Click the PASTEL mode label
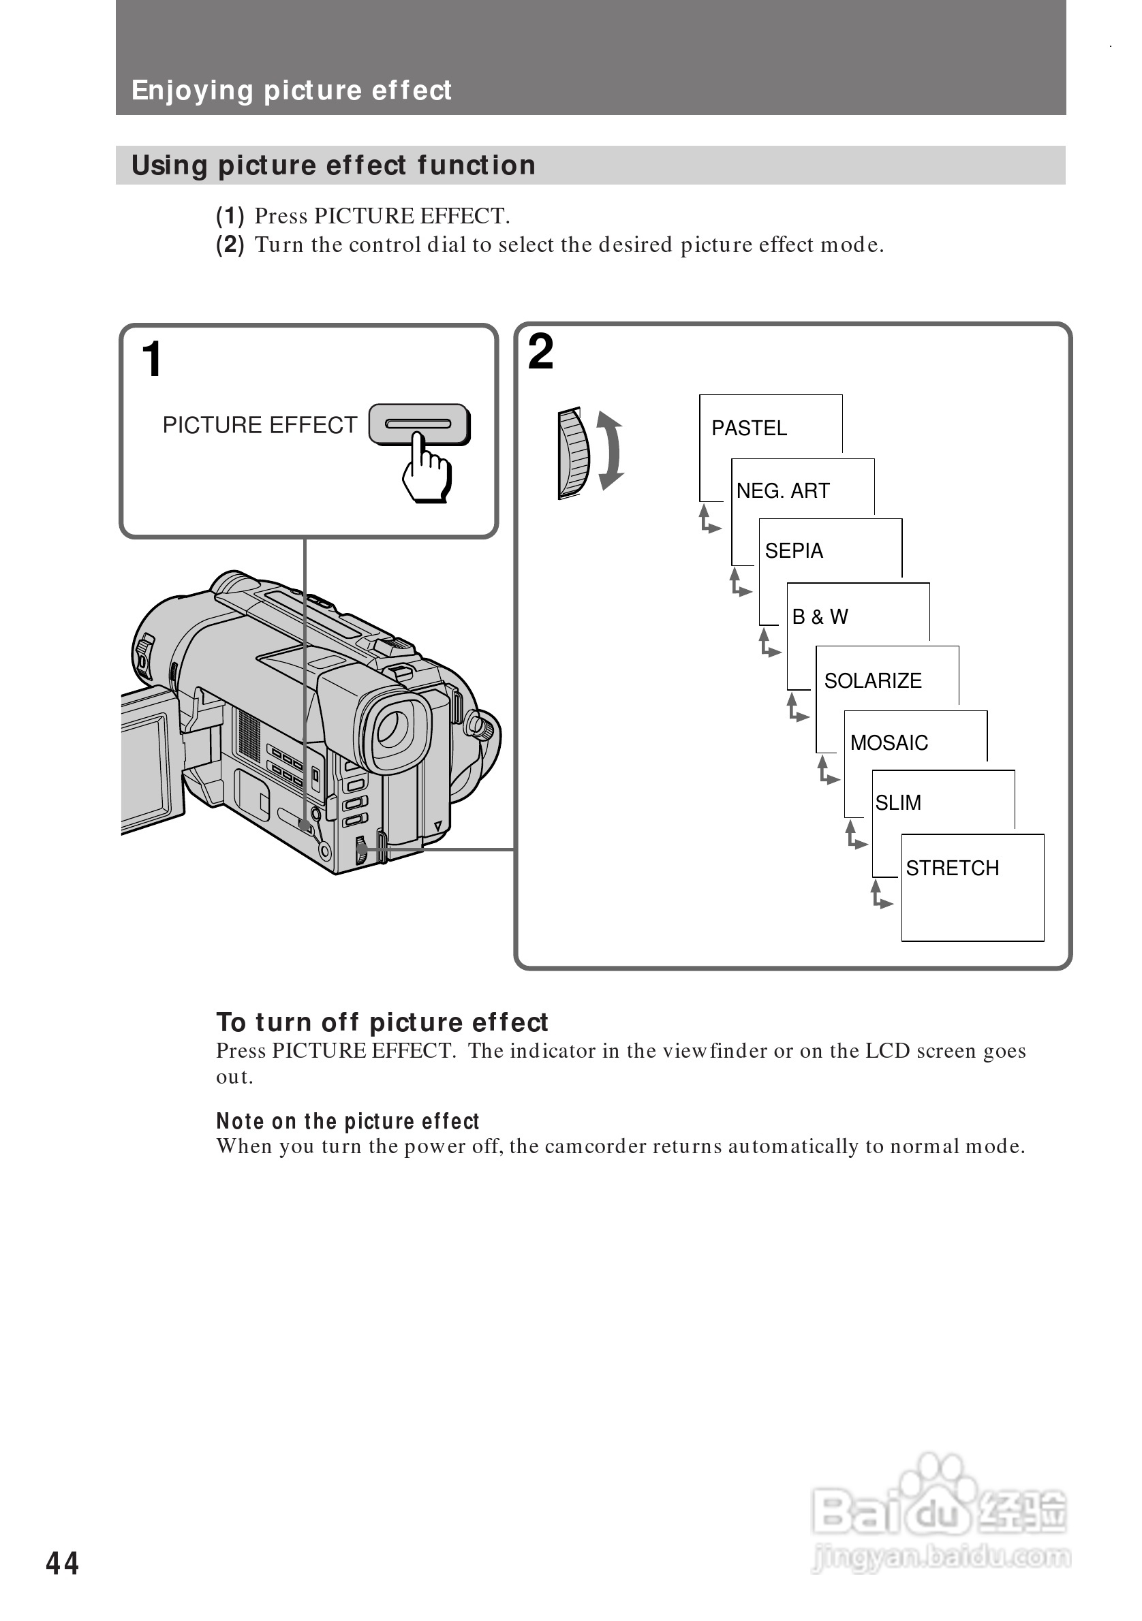coord(749,428)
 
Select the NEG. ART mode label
coord(782,490)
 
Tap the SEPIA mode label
coord(794,551)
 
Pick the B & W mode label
coord(820,617)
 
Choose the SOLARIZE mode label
coord(873,680)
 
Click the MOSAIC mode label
coord(889,742)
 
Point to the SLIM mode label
coord(898,803)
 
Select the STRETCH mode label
coord(952,868)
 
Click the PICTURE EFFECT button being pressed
coord(419,424)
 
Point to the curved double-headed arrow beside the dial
coord(611,450)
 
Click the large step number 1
coord(152,360)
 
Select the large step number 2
coord(541,352)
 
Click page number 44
coord(62,1563)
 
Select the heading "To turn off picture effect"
coord(382,1022)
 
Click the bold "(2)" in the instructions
coord(230,245)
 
